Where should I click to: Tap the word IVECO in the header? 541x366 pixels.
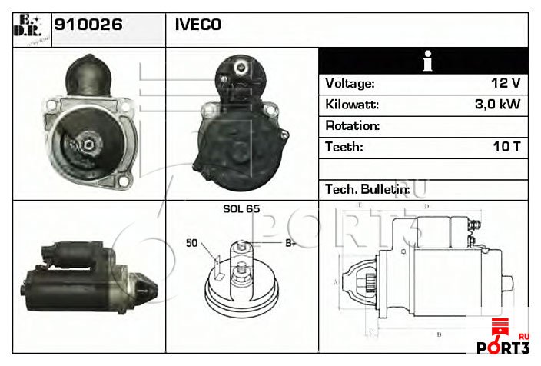pos(197,25)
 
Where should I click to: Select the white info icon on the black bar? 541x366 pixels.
pos(424,60)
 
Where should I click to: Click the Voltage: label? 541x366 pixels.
pos(350,83)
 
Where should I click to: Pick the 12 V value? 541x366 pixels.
pos(506,83)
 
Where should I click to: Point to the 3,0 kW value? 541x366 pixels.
pos(498,105)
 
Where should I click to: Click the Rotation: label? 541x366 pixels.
pos(352,125)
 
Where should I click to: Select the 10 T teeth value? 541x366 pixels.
pos(507,147)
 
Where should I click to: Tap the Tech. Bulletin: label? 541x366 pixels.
pos(367,188)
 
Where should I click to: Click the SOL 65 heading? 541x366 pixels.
pos(241,209)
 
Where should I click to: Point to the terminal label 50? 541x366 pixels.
pos(192,244)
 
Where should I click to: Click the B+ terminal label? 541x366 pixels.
pos(291,244)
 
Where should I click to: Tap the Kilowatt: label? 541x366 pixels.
pos(352,105)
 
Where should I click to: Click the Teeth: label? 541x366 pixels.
pos(344,147)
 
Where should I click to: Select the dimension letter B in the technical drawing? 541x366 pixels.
pos(438,334)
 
